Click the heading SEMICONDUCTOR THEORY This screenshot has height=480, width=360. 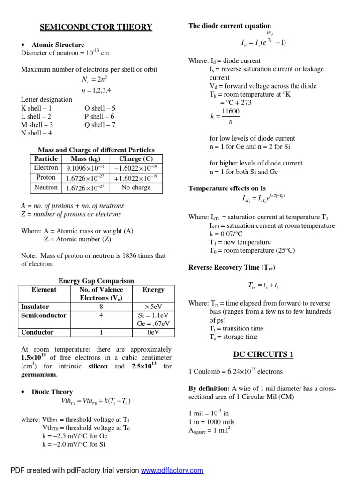pos(96,27)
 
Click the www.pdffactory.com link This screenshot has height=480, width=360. pos(172,470)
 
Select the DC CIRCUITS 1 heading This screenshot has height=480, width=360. pos(263,354)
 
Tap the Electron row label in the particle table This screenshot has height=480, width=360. pos(46,168)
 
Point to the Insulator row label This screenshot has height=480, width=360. pos(35,307)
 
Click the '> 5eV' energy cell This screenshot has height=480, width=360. pos(153,307)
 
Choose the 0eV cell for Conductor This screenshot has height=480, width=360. pos(153,332)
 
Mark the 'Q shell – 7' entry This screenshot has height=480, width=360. pos(100,125)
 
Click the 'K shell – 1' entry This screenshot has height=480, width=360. pos(36,108)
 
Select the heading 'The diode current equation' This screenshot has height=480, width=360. pos(230,26)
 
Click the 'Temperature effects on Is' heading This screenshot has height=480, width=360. pos(227,188)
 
